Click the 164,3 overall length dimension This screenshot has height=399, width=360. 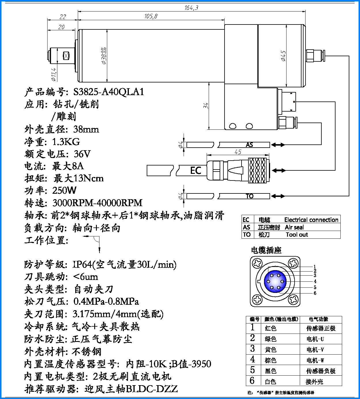(191, 7)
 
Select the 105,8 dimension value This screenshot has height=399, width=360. (151, 16)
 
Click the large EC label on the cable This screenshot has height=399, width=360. (195, 170)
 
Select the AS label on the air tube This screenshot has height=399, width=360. (249, 145)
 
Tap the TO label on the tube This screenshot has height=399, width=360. (250, 196)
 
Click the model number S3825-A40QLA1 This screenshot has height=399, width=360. (108, 92)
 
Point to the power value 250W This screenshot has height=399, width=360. (64, 191)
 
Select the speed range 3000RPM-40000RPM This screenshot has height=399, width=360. (97, 203)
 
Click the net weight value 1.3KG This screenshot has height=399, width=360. (66, 142)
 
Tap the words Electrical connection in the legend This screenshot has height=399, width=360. (311, 220)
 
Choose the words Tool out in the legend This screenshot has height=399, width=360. (297, 235)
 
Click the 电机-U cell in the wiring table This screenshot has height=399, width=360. (315, 339)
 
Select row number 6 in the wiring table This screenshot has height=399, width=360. (252, 381)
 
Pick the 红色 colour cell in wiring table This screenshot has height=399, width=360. (270, 328)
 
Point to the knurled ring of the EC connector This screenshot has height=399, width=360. (257, 170)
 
